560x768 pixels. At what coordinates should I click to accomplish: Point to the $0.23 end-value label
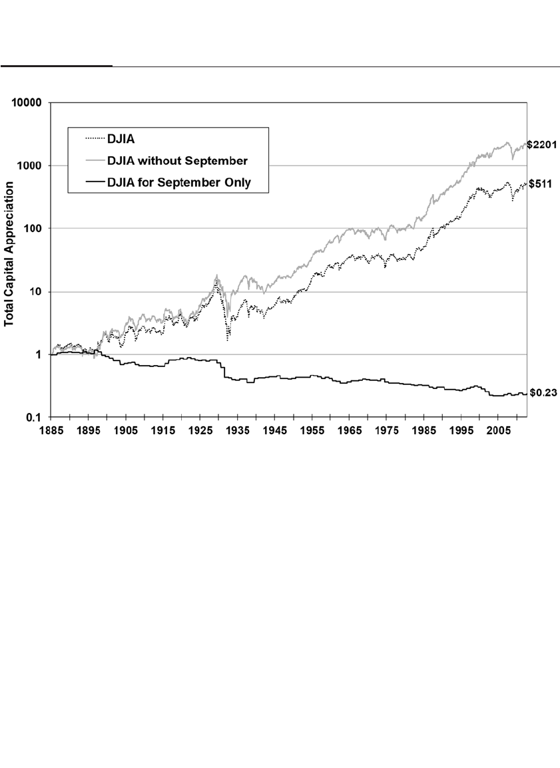point(543,393)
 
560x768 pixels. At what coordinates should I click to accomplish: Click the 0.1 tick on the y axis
point(34,418)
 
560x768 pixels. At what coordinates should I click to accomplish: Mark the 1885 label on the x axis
point(51,431)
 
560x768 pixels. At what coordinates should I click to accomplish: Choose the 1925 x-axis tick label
point(200,431)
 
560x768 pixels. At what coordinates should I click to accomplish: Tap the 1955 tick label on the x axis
point(312,431)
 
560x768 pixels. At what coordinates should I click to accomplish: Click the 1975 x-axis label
point(386,431)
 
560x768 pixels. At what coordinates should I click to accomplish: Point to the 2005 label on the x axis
point(498,431)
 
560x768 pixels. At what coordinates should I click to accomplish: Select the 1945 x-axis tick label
point(274,431)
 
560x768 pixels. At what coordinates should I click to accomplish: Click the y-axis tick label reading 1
point(39,355)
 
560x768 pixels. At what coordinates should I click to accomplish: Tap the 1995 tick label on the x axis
point(461,431)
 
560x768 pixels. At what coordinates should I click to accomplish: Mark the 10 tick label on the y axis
point(36,293)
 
